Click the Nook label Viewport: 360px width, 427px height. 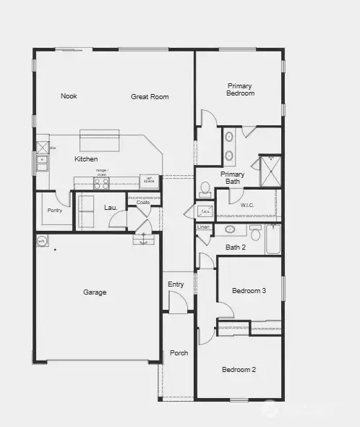coord(69,96)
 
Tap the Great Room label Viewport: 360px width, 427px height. coord(150,96)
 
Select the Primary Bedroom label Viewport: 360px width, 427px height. coord(240,89)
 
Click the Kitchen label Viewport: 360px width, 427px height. coord(86,159)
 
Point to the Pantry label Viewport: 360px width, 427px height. coord(54,211)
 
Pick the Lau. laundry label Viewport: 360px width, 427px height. coord(111,208)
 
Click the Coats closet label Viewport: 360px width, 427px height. coord(143,202)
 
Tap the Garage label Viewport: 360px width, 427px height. coord(95,292)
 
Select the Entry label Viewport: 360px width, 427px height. coord(176,284)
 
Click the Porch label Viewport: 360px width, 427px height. coord(179,353)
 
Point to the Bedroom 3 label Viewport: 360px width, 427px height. coord(249,291)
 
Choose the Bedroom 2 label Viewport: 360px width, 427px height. coord(239,370)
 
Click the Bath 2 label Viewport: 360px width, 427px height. coord(236,248)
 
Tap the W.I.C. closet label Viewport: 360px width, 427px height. coord(248,206)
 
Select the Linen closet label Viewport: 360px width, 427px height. coord(203,227)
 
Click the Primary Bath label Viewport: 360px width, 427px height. coord(232,178)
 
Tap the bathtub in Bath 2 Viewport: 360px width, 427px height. coord(273,240)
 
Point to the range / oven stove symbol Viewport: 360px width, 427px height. coord(101,184)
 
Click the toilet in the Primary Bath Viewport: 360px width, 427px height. coord(205,189)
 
